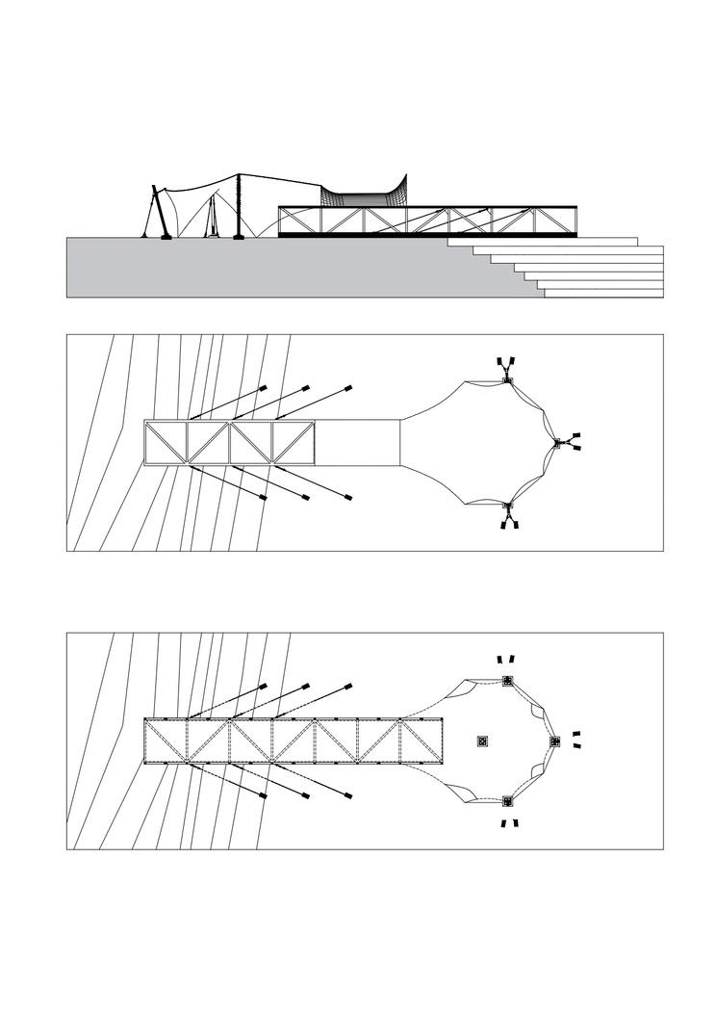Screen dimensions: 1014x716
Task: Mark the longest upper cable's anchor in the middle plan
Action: point(349,387)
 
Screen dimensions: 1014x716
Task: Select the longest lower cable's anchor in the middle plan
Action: point(349,499)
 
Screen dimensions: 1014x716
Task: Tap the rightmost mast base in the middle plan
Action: point(558,444)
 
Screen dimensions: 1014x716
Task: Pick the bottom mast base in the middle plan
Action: point(508,506)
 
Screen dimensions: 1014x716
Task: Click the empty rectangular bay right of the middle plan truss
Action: point(357,443)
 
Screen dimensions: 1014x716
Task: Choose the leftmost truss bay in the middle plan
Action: point(165,443)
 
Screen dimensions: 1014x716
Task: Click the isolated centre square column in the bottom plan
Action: point(483,741)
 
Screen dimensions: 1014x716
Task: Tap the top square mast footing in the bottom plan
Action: point(507,682)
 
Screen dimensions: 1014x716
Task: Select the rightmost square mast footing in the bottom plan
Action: point(554,741)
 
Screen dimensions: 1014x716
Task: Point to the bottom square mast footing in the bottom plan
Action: point(507,800)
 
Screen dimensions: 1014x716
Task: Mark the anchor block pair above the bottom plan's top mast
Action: point(505,659)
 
